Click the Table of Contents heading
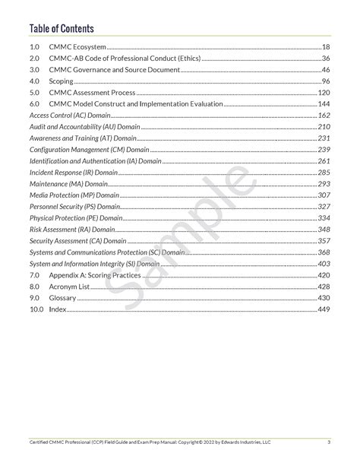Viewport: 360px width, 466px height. click(x=62, y=29)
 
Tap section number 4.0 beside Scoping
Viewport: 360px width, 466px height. click(x=34, y=81)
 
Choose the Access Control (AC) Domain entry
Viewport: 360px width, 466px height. click(x=68, y=115)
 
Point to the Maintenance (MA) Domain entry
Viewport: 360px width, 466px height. click(x=68, y=184)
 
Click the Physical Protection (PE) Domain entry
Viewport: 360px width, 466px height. click(x=76, y=218)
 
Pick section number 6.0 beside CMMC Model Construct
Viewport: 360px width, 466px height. click(x=34, y=103)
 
